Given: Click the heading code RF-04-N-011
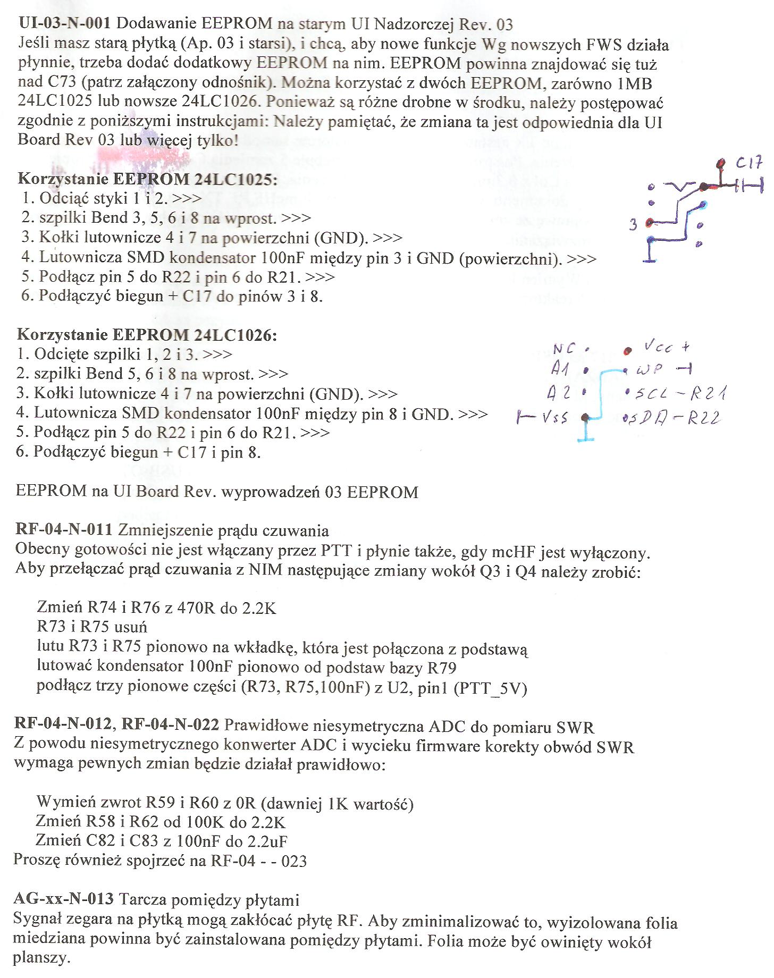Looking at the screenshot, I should pyautogui.click(x=63, y=530).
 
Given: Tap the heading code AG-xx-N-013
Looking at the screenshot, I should pyautogui.click(x=63, y=899).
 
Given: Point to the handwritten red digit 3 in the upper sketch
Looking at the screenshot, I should pyautogui.click(x=633, y=225).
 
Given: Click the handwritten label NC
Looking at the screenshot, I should pyautogui.click(x=564, y=349).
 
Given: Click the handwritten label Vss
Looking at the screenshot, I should pyautogui.click(x=555, y=418).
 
